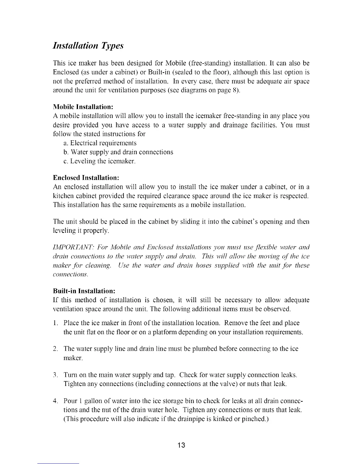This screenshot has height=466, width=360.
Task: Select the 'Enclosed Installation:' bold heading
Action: [x=86, y=178]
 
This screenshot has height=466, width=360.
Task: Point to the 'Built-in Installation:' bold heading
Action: [x=84, y=291]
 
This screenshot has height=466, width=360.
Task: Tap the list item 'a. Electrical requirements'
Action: [x=100, y=143]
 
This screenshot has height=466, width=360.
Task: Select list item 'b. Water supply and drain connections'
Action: [x=118, y=152]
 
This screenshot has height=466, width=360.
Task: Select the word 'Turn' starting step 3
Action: [x=70, y=375]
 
